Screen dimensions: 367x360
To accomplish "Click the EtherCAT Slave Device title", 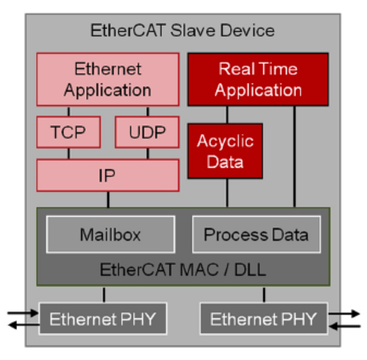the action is pyautogui.click(x=183, y=31).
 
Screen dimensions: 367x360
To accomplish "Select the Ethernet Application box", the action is pyautogui.click(x=108, y=79).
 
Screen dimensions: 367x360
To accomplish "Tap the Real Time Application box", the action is pyautogui.click(x=258, y=79).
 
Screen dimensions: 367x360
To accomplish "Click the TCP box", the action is pyautogui.click(x=68, y=132).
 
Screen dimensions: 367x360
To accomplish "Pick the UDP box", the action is pyautogui.click(x=148, y=132).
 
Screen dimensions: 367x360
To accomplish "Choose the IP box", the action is pyautogui.click(x=108, y=175).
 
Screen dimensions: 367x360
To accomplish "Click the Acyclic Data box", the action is pyautogui.click(x=225, y=151).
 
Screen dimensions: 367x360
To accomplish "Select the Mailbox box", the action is pyautogui.click(x=111, y=235).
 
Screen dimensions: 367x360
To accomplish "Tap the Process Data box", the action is pyautogui.click(x=256, y=235).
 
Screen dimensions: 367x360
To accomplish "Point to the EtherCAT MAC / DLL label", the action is pyautogui.click(x=183, y=270).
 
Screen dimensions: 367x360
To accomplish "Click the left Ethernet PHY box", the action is pyautogui.click(x=103, y=319).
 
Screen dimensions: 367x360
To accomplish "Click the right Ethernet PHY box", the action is pyautogui.click(x=264, y=319).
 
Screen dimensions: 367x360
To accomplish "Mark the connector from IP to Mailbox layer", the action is pyautogui.click(x=108, y=199).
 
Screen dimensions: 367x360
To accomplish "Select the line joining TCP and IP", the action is pyautogui.click(x=69, y=154).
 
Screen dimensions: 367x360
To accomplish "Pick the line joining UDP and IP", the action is pyautogui.click(x=148, y=154).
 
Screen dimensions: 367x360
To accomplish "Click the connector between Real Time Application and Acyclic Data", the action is pyautogui.click(x=228, y=115).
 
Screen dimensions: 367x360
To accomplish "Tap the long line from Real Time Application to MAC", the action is pyautogui.click(x=294, y=157).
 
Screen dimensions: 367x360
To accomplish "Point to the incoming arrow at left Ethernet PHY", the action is pyautogui.click(x=23, y=313).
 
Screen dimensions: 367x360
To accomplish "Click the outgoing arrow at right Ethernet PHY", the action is pyautogui.click(x=344, y=313).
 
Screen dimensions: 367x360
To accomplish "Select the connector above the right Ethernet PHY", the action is pyautogui.click(x=264, y=295).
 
